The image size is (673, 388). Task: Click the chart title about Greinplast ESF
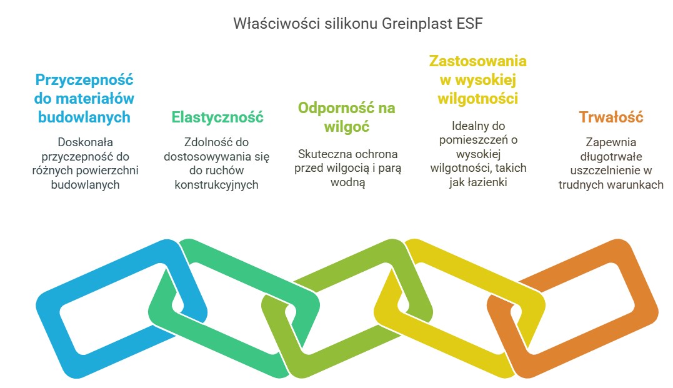[x=358, y=24]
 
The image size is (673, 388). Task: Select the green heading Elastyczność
[x=217, y=117]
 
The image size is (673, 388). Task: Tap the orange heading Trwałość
[x=611, y=117]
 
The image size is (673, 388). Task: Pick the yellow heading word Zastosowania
[x=477, y=61]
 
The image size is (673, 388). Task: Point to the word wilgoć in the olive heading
[x=346, y=126]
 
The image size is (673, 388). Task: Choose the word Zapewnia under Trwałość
[x=610, y=142]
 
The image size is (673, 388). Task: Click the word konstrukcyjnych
[x=217, y=184]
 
